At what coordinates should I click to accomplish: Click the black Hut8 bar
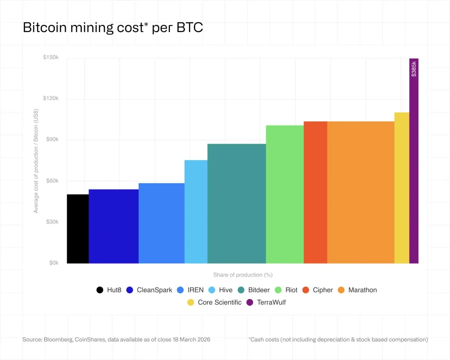(78, 229)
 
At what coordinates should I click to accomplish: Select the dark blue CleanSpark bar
(113, 226)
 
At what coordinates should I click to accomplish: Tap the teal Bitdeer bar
(236, 204)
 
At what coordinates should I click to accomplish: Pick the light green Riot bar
(285, 194)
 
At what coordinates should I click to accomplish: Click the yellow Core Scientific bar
(402, 188)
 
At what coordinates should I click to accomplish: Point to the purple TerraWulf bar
(414, 176)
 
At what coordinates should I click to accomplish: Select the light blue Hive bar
(196, 211)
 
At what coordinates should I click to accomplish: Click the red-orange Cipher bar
(316, 192)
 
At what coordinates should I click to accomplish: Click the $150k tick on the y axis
(51, 58)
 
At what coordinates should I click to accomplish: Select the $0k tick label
(53, 263)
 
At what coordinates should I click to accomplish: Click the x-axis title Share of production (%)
(243, 275)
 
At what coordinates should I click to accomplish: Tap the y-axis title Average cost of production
(36, 161)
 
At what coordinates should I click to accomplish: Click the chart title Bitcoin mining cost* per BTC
(113, 28)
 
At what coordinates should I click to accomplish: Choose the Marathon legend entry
(357, 290)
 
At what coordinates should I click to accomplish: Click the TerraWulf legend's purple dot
(250, 302)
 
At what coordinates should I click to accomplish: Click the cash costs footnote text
(338, 339)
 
